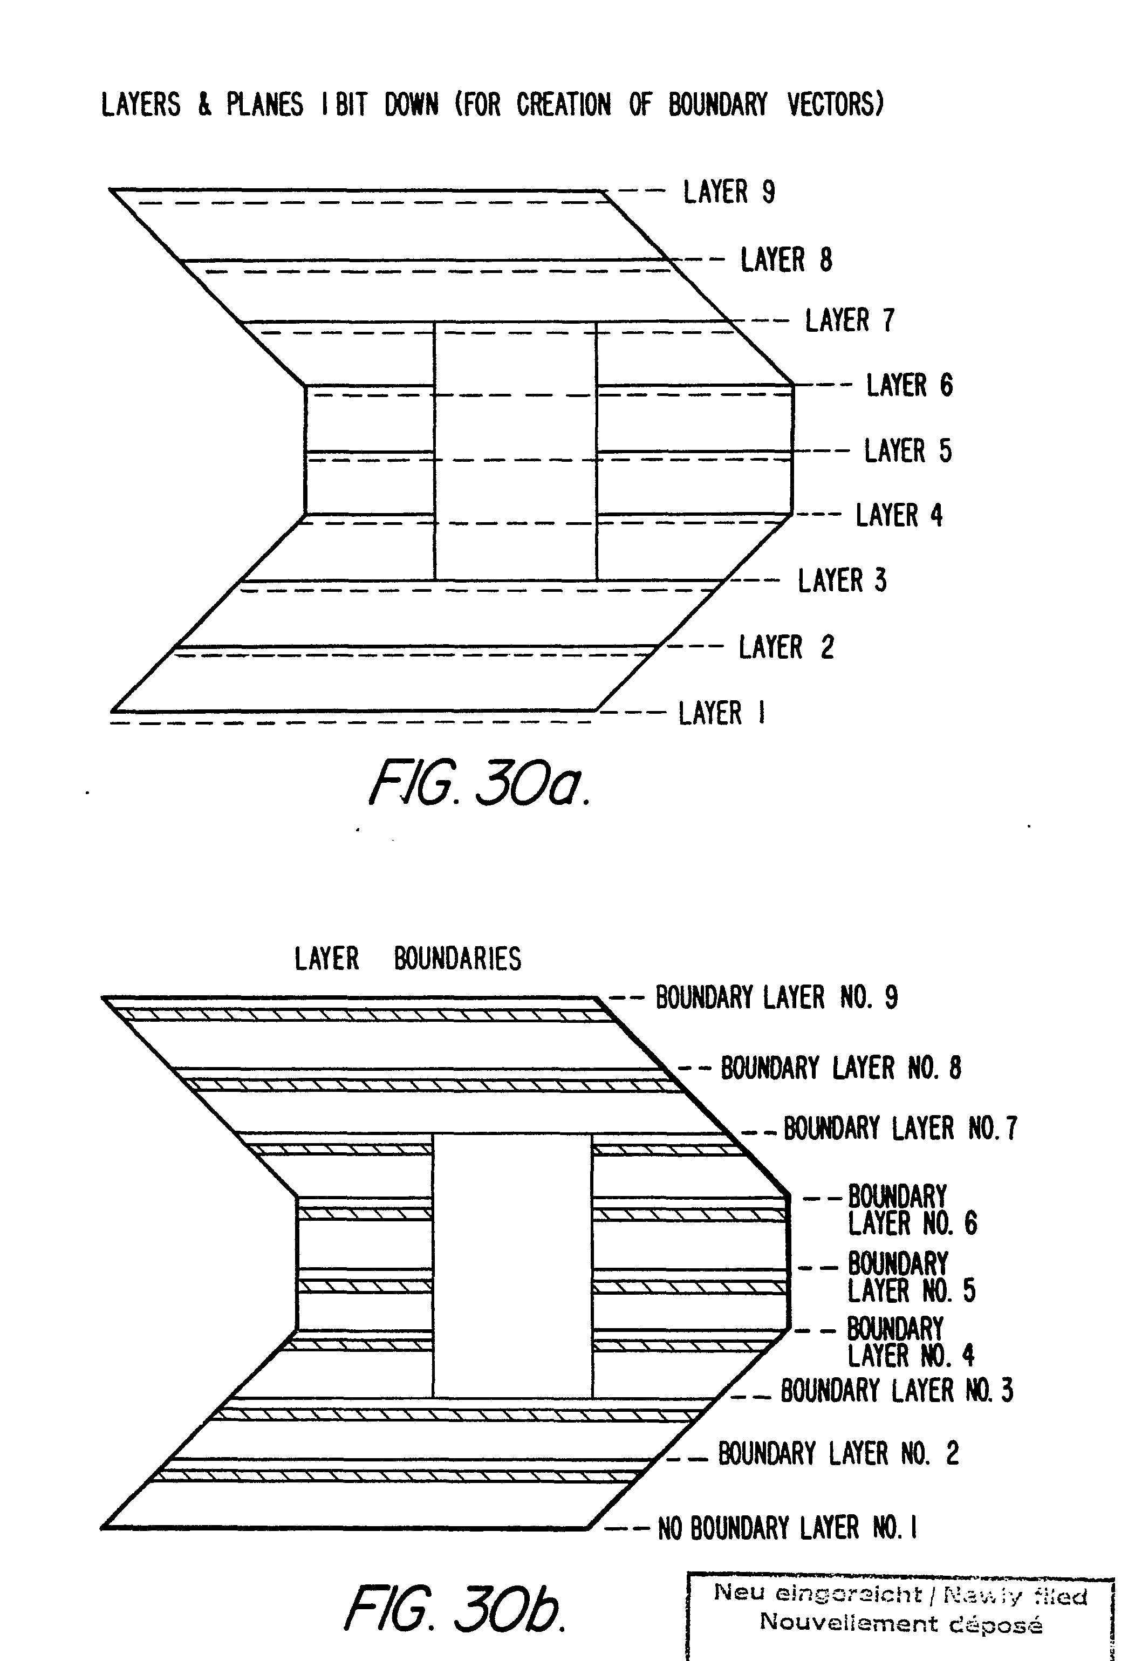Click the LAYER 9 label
728,192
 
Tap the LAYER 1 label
721,713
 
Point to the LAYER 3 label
842,580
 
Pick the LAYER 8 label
785,260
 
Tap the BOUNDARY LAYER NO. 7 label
900,1129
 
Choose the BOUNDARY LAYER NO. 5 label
911,1277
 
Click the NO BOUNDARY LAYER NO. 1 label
787,1528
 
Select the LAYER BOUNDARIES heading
407,959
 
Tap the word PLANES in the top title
264,105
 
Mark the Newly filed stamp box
900,1615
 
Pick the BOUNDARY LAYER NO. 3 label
897,1391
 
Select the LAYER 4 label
899,515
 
